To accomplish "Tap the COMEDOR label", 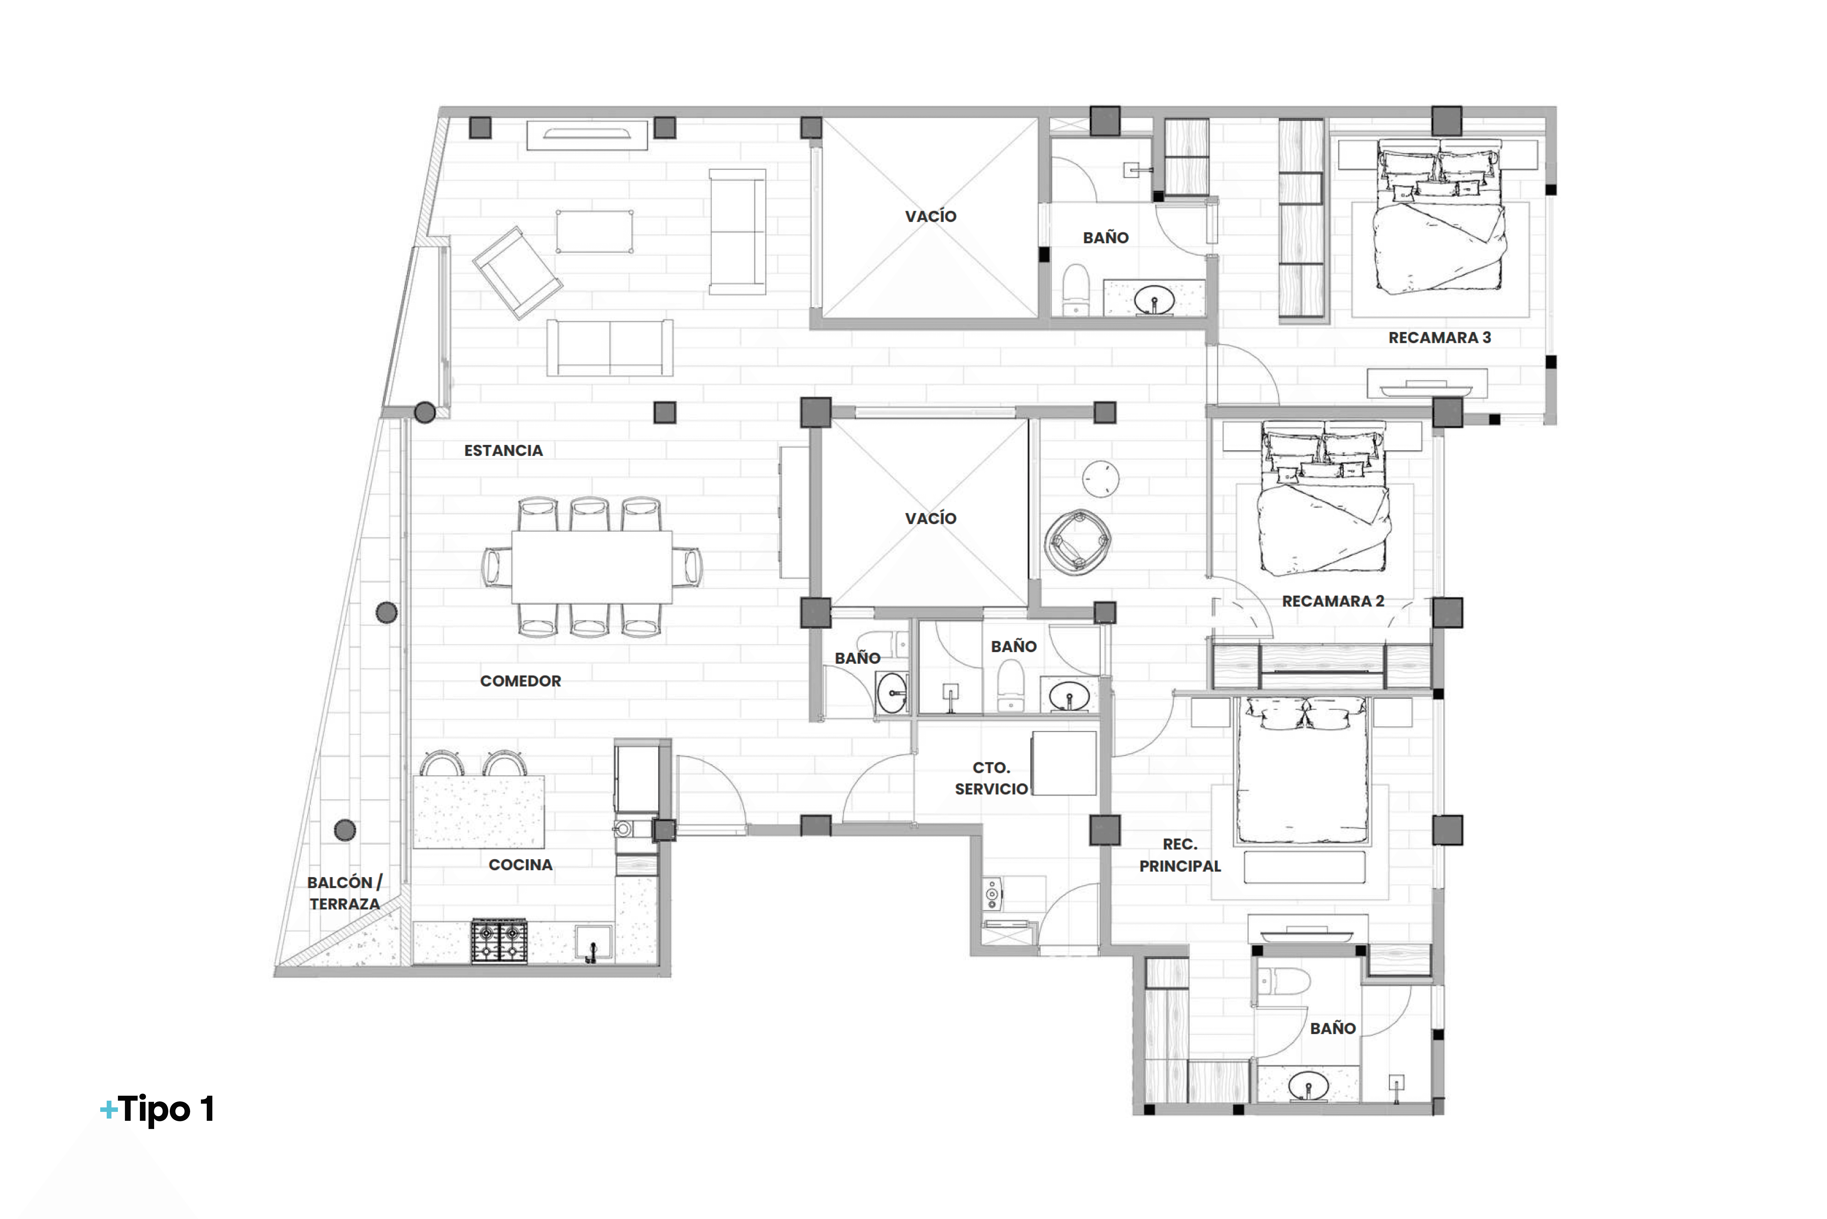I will [520, 681].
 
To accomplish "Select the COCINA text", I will [520, 864].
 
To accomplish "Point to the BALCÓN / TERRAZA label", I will [344, 893].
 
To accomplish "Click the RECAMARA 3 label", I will [1439, 337].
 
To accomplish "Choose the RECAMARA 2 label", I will [1332, 601].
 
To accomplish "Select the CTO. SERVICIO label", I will [991, 778].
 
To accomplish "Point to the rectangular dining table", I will [591, 567].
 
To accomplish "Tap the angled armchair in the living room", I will [517, 272].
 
